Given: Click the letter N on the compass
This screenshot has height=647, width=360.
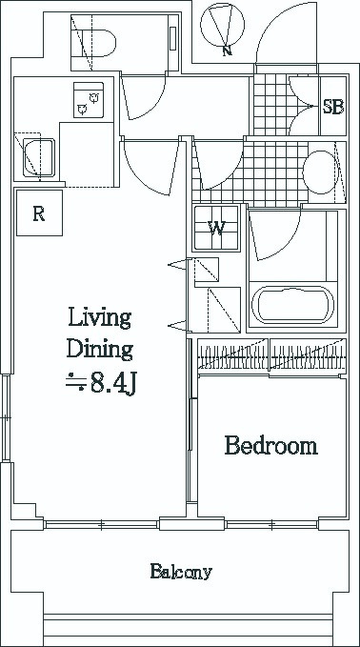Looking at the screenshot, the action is point(227,51).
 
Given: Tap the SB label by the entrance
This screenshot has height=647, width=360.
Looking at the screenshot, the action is point(332,108).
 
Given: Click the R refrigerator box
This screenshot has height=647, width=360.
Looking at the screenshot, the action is point(40,212).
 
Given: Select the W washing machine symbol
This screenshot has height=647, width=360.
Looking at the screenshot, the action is point(216,228).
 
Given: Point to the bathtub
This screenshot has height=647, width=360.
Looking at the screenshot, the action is point(292,305).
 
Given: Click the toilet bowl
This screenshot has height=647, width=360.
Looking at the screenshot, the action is point(99,43).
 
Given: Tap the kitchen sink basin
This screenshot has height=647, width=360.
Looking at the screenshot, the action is point(39,157).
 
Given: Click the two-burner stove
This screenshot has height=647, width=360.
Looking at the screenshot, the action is point(89,100).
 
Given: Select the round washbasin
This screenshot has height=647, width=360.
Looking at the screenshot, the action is point(320,172).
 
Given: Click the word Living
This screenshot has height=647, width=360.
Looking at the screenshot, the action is point(99,319).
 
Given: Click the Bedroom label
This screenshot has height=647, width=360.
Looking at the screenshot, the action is point(270,446).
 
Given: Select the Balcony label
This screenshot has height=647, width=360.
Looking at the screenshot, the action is point(181,572).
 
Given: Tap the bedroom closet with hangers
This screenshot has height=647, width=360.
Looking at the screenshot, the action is point(271,354).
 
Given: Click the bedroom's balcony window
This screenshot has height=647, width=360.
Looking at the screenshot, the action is point(271,525).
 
